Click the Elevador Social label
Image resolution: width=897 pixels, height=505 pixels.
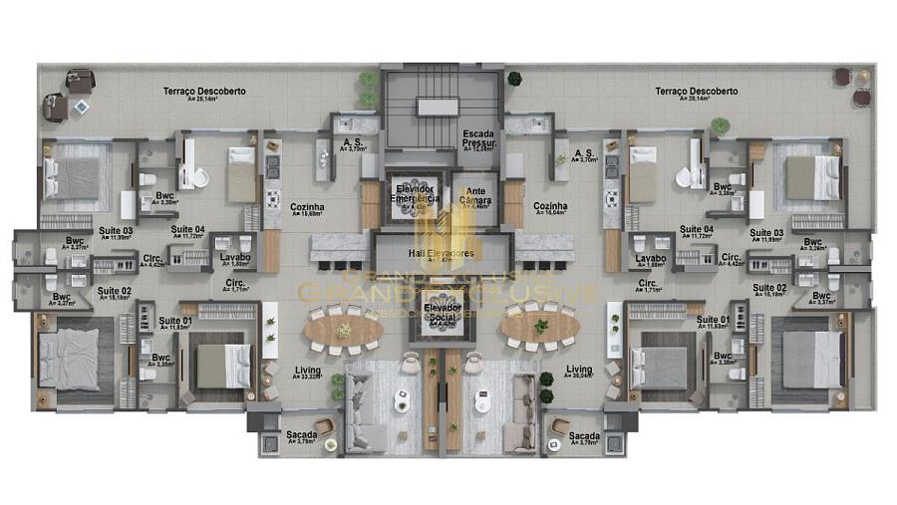click(x=442, y=314)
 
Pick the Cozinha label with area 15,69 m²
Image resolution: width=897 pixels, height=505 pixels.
click(x=308, y=208)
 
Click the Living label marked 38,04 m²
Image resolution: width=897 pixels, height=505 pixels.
click(x=579, y=372)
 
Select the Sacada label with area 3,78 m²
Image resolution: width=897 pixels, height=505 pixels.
click(x=301, y=437)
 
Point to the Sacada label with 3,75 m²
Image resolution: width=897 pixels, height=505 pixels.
click(x=584, y=437)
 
